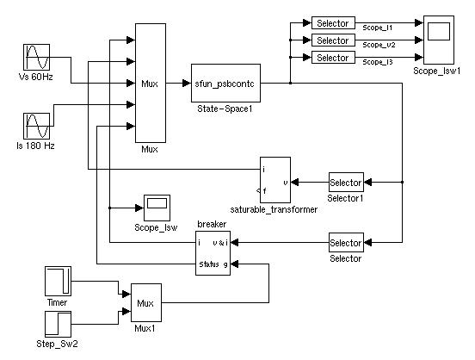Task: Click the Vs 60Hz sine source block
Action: coord(37,57)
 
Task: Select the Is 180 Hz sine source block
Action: coord(37,126)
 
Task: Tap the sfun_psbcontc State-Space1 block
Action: coord(225,83)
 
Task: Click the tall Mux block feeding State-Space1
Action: coord(151,83)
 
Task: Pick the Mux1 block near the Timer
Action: coord(146,302)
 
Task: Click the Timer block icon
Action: coord(59,281)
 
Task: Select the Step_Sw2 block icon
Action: coord(59,324)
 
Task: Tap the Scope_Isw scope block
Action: coord(157,208)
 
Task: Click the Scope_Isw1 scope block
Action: coord(439,40)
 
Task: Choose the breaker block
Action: coord(213,253)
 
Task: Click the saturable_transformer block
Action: coord(275,180)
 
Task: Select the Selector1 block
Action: coord(346,183)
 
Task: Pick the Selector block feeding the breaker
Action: coord(346,242)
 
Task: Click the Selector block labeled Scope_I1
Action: coord(333,22)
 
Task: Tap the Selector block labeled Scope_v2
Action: coord(333,40)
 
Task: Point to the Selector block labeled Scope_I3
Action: coord(333,58)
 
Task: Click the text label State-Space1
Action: coord(225,109)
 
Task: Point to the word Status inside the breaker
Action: coord(209,264)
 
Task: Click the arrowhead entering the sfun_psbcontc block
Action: coord(187,83)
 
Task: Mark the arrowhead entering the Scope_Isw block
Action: coord(139,208)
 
